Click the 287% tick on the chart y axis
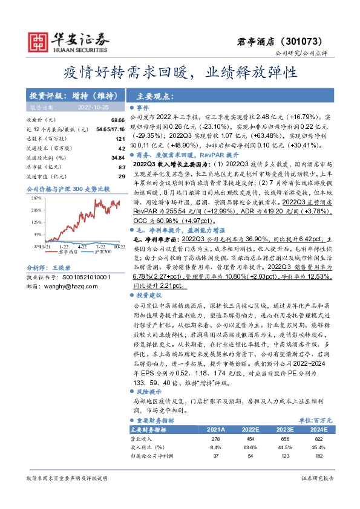coord(36,198)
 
